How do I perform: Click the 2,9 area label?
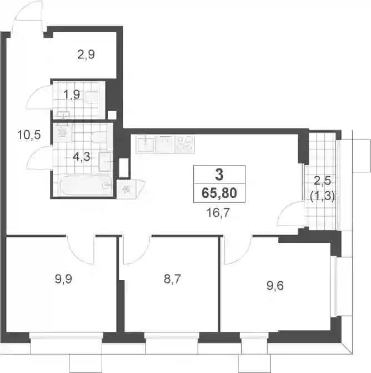point(86,54)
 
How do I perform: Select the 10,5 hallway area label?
point(29,135)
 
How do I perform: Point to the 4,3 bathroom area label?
point(82,157)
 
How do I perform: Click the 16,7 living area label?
point(218,212)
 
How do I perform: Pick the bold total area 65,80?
point(219,193)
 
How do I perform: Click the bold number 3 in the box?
point(219,175)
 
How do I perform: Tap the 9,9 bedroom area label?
point(63,279)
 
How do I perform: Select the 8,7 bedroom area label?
point(173,279)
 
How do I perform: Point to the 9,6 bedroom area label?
point(275,286)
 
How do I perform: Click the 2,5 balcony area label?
point(322,181)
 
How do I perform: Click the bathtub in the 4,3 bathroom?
point(86,185)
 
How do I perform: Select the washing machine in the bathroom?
point(62,132)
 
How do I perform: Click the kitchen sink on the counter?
point(146,144)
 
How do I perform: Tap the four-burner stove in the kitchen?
point(185,144)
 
